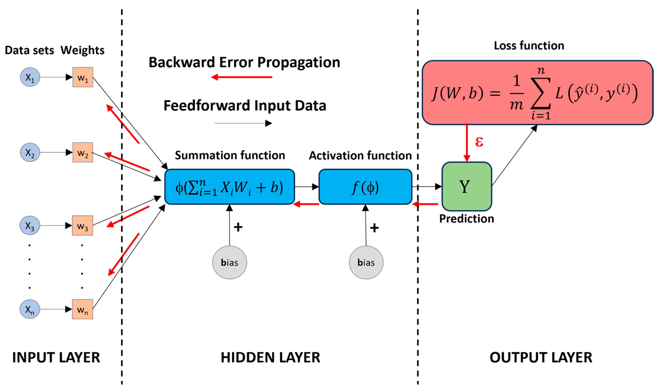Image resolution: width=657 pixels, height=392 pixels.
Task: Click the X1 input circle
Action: tap(30, 77)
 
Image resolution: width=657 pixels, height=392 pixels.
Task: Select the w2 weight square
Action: tap(83, 152)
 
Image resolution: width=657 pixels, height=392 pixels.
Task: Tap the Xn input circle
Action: tap(30, 309)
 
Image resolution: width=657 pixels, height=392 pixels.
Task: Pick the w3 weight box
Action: tap(83, 226)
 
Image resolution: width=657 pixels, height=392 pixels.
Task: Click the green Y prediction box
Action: tap(467, 186)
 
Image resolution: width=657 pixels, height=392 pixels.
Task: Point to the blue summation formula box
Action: tap(230, 187)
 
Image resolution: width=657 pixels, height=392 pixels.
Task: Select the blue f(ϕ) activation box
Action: tap(365, 187)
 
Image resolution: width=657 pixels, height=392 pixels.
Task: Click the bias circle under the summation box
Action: tap(230, 262)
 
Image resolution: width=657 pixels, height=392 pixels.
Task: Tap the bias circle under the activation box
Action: tap(366, 262)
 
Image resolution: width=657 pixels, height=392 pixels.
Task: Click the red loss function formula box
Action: tap(538, 92)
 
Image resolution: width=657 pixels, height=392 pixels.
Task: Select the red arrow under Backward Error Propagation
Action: tap(242, 77)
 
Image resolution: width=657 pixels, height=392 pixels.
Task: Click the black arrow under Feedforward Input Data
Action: tap(243, 123)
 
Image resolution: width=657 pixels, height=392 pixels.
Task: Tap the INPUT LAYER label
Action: tap(56, 358)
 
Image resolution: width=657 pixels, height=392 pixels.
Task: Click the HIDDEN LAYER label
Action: tap(270, 358)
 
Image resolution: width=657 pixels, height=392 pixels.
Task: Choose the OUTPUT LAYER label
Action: tap(541, 358)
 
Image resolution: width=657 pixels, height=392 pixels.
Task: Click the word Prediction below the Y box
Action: tap(466, 219)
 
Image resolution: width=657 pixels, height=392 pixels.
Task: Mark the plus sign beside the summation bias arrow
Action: tap(238, 227)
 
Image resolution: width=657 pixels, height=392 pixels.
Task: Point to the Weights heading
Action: tap(82, 50)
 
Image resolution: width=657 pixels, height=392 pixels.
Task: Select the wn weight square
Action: tap(83, 309)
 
